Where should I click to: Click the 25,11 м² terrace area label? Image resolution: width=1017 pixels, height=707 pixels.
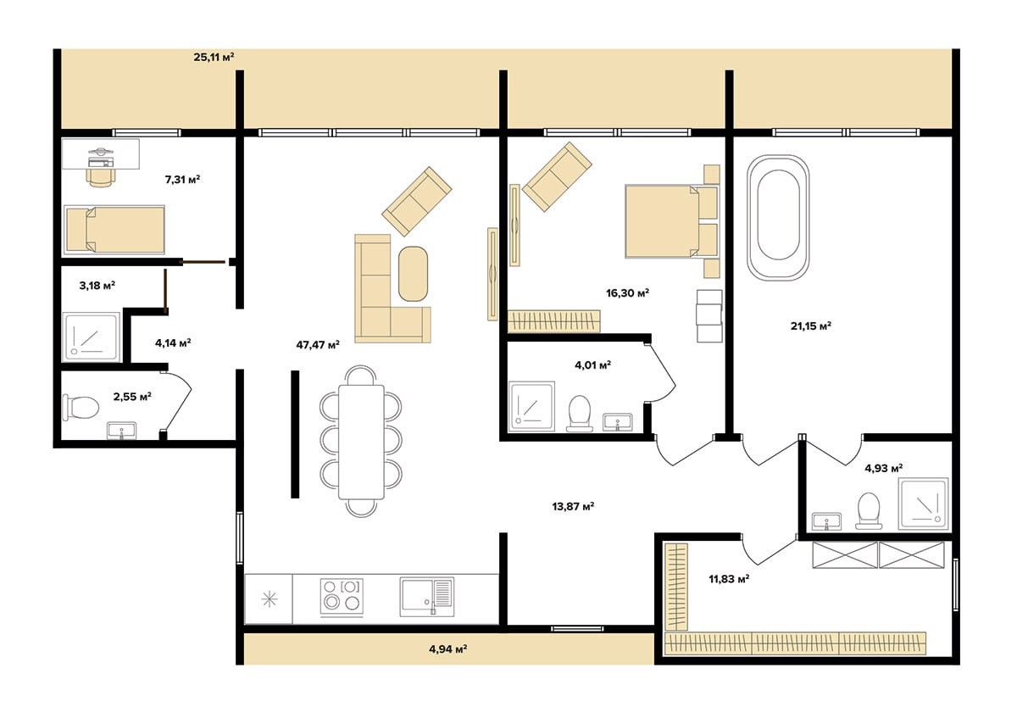pos(214,57)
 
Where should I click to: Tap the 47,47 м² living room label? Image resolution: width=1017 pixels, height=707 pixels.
pos(318,345)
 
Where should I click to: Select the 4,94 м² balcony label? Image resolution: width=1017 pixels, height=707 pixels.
pos(448,649)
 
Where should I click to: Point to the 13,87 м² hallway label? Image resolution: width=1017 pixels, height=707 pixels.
pos(574,506)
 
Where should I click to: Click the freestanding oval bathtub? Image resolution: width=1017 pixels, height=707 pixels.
pos(778,218)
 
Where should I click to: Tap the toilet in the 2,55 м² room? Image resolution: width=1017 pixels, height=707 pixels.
pos(81,407)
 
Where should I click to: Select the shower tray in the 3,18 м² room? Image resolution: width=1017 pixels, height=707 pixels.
pos(92,337)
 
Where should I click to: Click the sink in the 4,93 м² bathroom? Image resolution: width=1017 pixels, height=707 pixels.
pos(826,521)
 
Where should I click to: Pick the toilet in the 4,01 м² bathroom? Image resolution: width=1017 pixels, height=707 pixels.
pos(580,413)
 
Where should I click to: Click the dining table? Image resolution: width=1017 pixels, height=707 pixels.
pos(361,442)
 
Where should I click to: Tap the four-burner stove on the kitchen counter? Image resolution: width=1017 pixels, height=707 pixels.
pos(342,597)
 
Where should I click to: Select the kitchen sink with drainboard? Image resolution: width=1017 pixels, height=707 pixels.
pos(427,597)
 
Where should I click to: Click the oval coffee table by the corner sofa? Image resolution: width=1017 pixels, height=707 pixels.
pos(414,274)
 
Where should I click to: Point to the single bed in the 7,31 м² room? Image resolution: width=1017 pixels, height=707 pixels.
pos(114,230)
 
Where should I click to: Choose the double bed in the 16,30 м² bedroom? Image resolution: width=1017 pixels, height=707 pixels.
pos(671,221)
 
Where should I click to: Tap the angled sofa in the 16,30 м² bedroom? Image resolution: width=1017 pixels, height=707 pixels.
pos(557,176)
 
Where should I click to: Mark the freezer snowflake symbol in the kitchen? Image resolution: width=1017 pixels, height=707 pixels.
pos(270,600)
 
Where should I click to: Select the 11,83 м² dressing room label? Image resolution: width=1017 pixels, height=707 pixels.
pos(729,579)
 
